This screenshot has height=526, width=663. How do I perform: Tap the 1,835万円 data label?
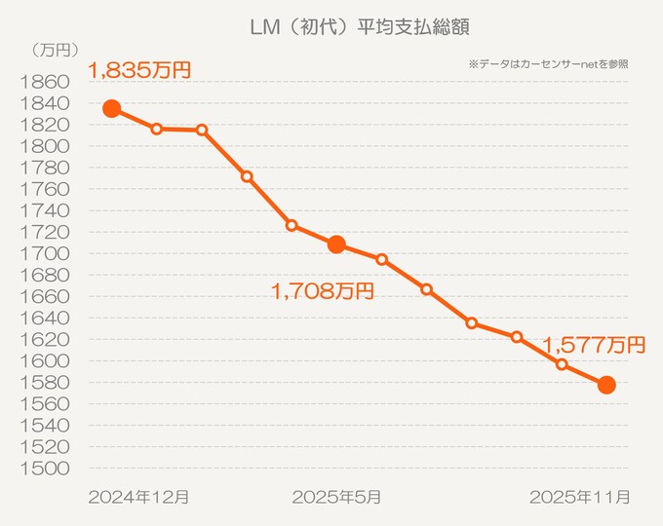coord(139,70)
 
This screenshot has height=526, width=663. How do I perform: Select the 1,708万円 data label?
coord(321,289)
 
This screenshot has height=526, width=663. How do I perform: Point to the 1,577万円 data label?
coord(594,344)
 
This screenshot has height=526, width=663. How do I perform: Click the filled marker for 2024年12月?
coord(112,108)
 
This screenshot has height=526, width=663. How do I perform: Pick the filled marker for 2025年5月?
coord(336,244)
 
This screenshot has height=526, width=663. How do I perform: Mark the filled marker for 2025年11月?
coord(606,385)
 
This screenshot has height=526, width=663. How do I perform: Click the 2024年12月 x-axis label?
coord(138,497)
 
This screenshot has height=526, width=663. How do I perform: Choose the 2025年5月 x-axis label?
coord(337,497)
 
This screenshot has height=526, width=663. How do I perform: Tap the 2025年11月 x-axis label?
coord(579,497)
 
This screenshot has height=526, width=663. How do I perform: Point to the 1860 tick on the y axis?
coord(44,82)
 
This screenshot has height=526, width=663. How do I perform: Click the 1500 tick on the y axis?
coord(44,469)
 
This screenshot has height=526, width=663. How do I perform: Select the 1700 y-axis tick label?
coord(44,253)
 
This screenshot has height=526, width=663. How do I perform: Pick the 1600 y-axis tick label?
coord(44,360)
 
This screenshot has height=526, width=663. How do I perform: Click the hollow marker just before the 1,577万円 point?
coord(562,364)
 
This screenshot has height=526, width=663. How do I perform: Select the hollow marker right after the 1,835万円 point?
coord(157,129)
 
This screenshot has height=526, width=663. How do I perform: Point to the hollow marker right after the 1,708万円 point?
coord(381,259)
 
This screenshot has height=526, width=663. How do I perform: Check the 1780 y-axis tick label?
coord(44,168)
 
